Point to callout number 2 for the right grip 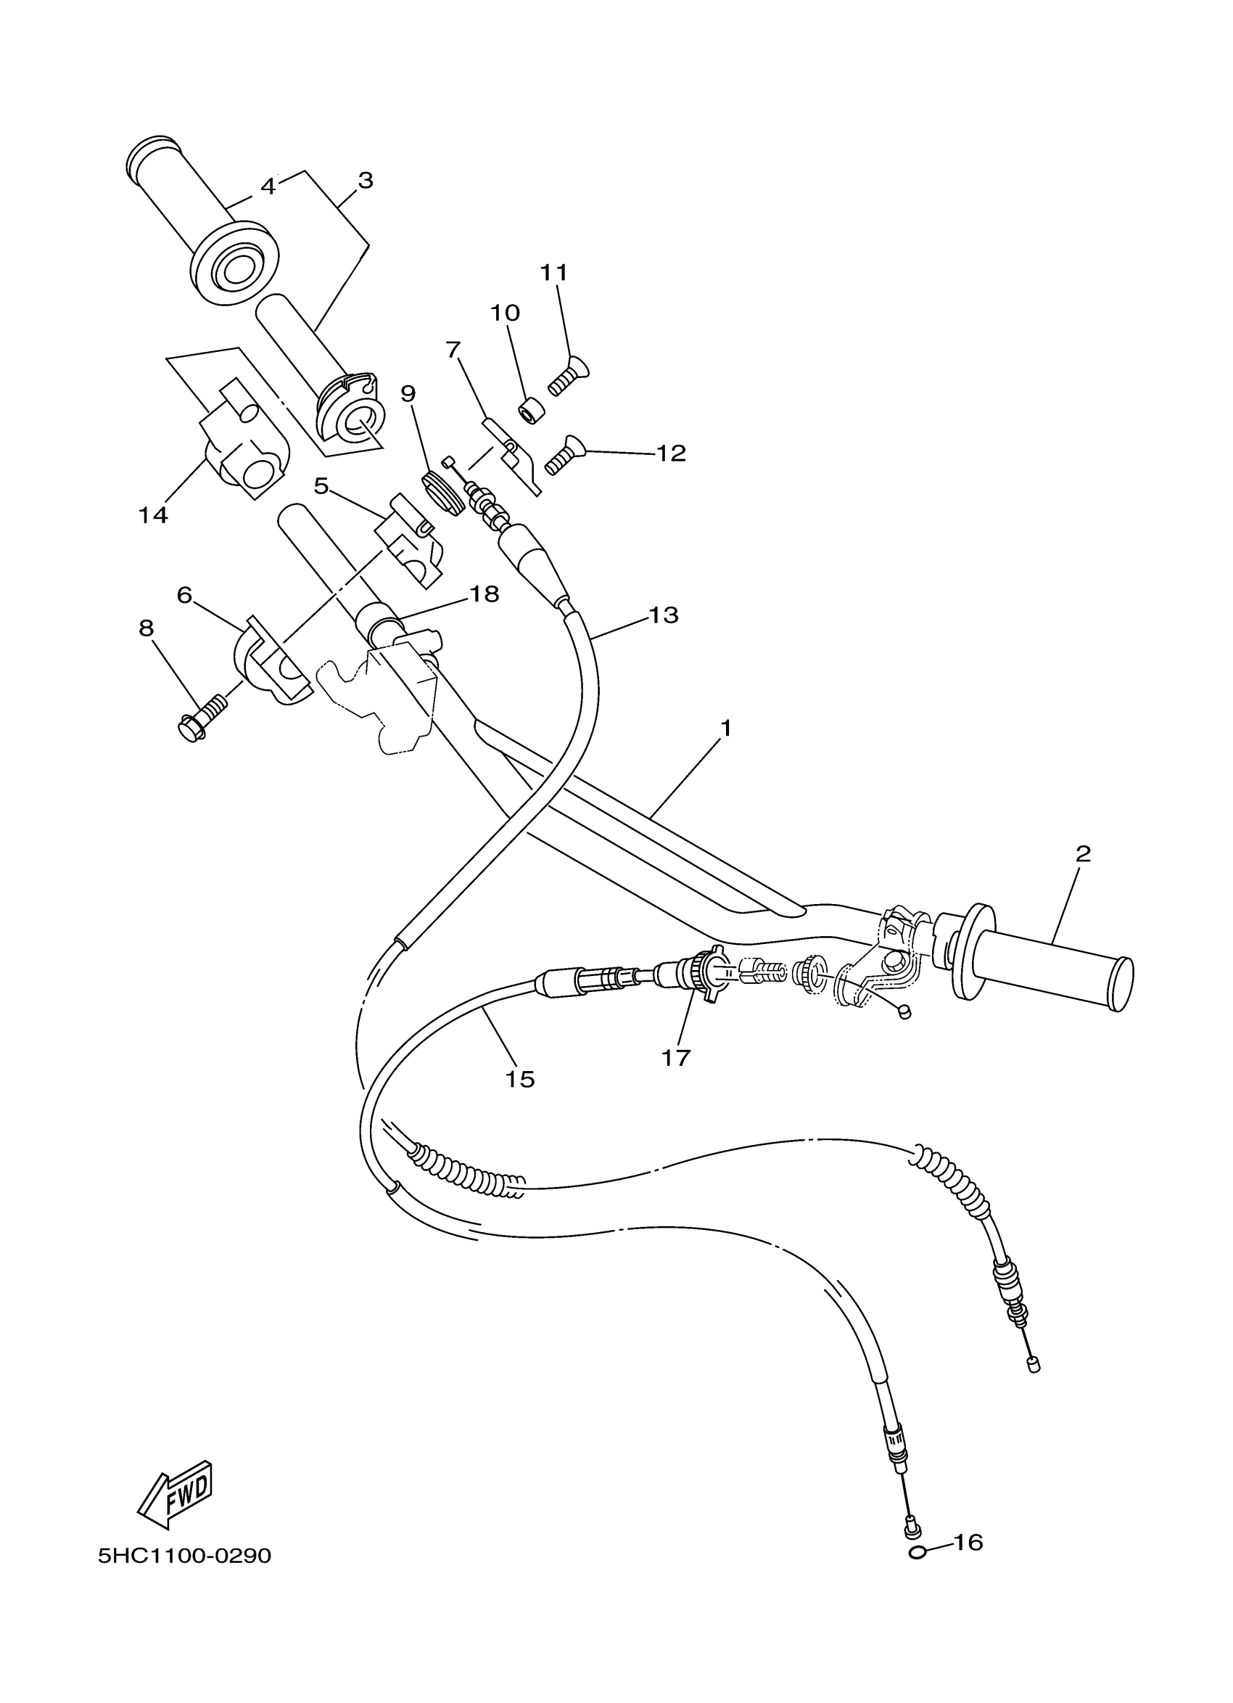[x=1083, y=854]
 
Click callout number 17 [x=675, y=1058]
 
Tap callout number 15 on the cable [x=519, y=1079]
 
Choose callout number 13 [x=664, y=615]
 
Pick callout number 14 [x=153, y=515]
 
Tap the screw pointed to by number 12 [x=565, y=454]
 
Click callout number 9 [x=408, y=393]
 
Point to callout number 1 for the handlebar [x=725, y=728]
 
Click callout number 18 [x=484, y=594]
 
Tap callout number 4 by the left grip [x=268, y=186]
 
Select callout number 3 [x=365, y=180]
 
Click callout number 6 [x=185, y=595]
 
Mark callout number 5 [x=321, y=487]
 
